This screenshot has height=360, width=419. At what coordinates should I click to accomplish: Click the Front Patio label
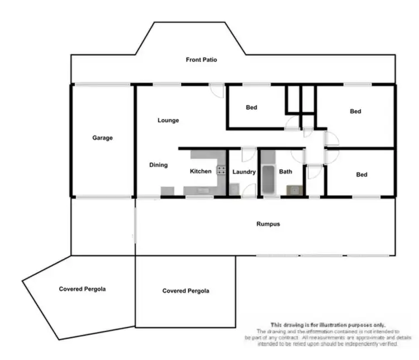[202, 59]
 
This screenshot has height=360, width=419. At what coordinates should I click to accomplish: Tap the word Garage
[102, 138]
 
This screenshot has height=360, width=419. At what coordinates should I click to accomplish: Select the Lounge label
[168, 120]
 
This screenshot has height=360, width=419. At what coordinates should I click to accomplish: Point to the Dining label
[158, 165]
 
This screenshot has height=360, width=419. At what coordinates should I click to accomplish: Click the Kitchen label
[201, 171]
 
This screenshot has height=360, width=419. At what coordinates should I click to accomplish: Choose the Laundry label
[244, 172]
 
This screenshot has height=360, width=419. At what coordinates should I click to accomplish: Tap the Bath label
[285, 172]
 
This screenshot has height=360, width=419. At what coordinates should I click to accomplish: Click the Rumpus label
[268, 224]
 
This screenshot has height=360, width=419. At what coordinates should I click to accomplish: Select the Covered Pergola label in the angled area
[82, 289]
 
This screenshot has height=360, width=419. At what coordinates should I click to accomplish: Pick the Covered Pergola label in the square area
[185, 291]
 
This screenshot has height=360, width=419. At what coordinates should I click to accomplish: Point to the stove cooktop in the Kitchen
[221, 171]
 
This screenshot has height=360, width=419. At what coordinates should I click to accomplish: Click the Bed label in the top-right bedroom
[355, 111]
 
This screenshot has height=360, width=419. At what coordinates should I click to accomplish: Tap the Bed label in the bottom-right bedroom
[361, 175]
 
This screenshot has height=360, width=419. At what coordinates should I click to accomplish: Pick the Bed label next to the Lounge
[251, 107]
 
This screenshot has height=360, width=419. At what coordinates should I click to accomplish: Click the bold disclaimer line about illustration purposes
[327, 324]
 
